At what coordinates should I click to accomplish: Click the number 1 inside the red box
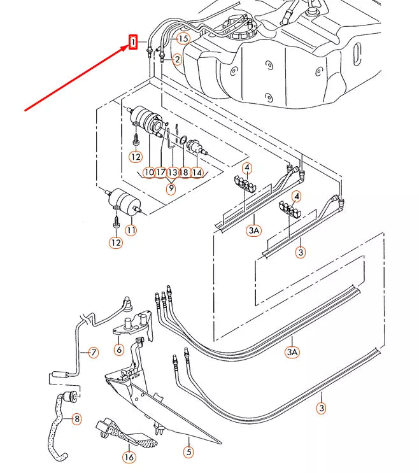(133, 42)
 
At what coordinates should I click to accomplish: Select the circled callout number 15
(183, 39)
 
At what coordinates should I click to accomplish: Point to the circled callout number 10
(149, 172)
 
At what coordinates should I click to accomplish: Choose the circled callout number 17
(160, 172)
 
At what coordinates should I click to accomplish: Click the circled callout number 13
(173, 172)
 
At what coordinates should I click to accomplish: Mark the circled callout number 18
(185, 172)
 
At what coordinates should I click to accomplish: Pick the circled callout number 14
(197, 172)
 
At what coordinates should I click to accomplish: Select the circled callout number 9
(171, 188)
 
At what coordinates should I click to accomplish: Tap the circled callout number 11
(131, 230)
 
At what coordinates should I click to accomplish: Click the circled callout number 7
(93, 352)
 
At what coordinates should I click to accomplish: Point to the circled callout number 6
(118, 349)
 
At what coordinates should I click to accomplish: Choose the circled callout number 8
(77, 419)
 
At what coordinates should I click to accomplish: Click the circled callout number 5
(188, 453)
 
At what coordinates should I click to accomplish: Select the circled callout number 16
(129, 456)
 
